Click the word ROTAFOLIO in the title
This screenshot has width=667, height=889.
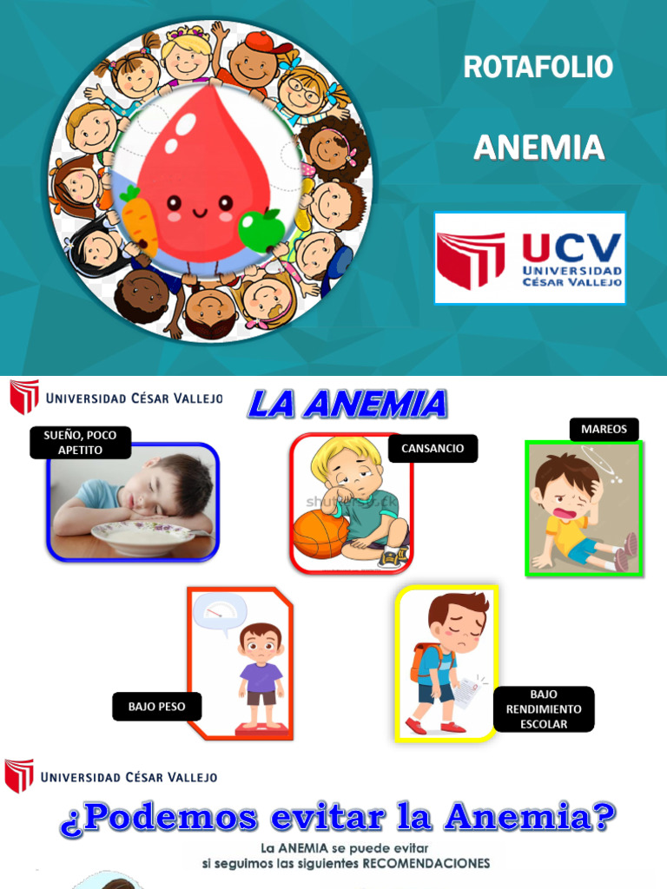point(538,67)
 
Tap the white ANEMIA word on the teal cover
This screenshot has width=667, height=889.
point(538,148)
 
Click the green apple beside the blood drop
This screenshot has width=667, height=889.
point(261,229)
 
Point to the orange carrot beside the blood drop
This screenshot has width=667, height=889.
point(139,221)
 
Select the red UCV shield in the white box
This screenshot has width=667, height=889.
point(471,259)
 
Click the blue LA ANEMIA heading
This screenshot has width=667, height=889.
point(347,404)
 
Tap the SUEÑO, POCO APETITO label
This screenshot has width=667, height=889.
point(80,443)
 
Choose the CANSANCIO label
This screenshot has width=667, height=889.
point(433,448)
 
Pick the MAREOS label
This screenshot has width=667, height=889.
point(604,429)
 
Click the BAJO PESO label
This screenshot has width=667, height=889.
point(156,707)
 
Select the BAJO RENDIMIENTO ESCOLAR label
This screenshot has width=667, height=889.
point(544,709)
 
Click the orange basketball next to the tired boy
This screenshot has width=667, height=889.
point(319,533)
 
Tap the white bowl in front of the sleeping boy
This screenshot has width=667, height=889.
point(142,537)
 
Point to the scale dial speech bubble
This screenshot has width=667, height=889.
point(219,610)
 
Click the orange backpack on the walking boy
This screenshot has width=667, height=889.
point(420,659)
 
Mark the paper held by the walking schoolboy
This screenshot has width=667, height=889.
point(466,693)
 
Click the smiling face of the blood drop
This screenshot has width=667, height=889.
point(199,207)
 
